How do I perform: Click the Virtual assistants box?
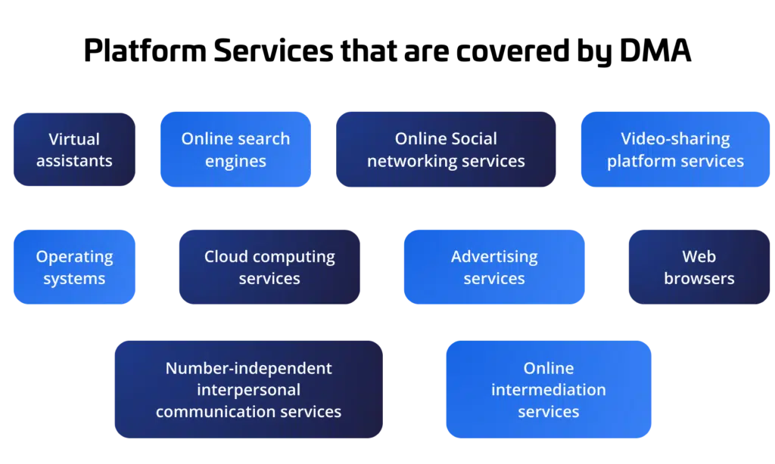(74, 150)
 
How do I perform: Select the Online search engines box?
(235, 150)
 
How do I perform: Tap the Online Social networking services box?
(446, 150)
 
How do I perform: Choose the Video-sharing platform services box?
(675, 150)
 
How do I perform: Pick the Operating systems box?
(74, 268)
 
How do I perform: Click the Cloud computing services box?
(269, 268)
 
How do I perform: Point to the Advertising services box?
(494, 268)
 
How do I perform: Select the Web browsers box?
(699, 268)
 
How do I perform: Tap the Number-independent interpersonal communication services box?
(248, 390)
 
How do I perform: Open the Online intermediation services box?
(548, 390)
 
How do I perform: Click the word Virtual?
(74, 139)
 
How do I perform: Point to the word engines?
(235, 162)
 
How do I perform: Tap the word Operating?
(74, 257)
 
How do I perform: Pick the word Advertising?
(494, 257)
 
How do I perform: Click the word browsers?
(699, 279)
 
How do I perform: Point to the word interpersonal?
(248, 390)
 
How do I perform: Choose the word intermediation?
(548, 390)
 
